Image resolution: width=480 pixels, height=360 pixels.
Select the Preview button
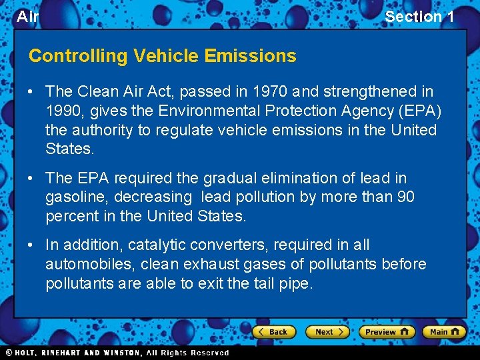point(387,331)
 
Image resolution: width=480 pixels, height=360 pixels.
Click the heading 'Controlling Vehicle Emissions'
point(162,56)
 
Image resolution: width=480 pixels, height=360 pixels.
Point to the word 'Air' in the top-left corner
point(27,17)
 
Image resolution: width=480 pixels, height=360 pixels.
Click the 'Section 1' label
point(419,17)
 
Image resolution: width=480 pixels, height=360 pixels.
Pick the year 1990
point(64,111)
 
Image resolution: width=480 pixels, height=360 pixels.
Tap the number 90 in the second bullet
point(405,197)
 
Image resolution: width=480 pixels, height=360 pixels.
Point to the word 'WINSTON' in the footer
point(122,353)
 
